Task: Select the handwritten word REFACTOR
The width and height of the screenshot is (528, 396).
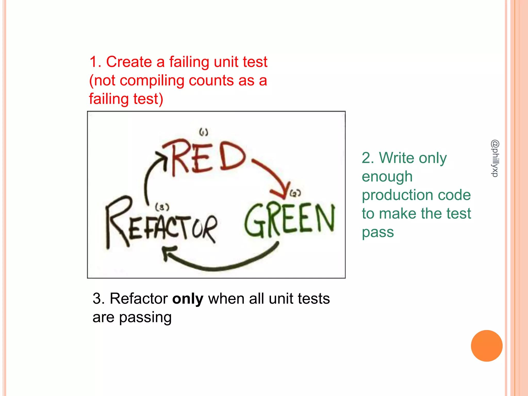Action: point(161,224)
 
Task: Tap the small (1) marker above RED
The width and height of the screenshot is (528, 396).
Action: point(204,132)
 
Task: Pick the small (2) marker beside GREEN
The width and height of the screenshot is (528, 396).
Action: point(295,193)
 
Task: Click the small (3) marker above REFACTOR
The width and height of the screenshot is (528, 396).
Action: point(162,207)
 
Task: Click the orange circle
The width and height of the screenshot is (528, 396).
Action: point(486,346)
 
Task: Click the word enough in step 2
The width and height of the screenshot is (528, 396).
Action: point(387,177)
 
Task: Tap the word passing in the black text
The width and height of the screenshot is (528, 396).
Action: point(145,318)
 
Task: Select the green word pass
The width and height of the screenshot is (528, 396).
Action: point(378,233)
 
